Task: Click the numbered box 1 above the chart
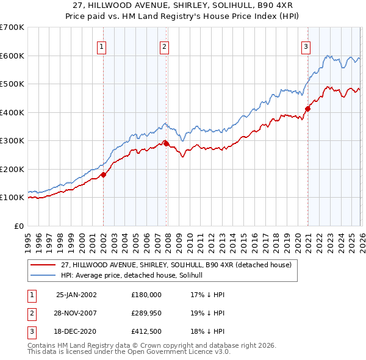101,45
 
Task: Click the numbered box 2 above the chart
165,45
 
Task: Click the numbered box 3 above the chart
306,45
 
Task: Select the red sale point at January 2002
103,175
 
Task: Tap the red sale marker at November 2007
166,143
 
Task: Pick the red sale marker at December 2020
307,109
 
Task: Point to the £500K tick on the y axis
12,84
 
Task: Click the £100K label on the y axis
12,198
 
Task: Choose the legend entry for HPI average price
135,276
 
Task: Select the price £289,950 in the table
146,313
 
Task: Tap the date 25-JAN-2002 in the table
76,294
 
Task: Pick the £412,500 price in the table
146,332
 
